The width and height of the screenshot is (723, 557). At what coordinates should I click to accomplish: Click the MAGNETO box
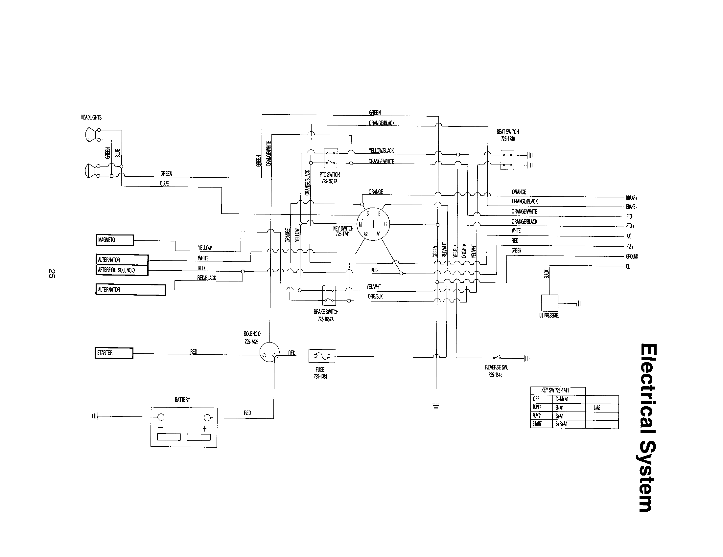click(115, 240)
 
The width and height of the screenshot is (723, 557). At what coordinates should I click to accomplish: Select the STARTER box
click(114, 353)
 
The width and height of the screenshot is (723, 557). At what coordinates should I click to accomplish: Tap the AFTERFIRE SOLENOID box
click(122, 270)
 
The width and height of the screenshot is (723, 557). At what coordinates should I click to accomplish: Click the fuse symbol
click(321, 356)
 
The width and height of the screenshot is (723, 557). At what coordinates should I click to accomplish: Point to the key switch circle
click(373, 224)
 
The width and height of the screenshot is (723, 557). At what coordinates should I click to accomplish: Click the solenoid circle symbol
click(269, 353)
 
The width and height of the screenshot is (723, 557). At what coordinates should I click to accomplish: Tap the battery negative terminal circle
click(161, 417)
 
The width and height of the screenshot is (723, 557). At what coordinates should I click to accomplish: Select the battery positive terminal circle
click(208, 417)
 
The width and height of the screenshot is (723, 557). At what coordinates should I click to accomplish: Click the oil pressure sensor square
click(549, 303)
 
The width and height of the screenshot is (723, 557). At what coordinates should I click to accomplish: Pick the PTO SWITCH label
click(330, 175)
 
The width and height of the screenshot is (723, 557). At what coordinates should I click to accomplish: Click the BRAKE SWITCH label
click(326, 312)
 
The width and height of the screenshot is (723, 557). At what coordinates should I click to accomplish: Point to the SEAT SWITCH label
click(508, 132)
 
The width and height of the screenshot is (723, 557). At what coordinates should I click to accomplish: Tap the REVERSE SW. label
click(496, 367)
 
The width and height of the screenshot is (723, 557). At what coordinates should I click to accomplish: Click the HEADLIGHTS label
click(91, 118)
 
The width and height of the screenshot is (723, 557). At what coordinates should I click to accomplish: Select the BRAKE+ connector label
click(631, 198)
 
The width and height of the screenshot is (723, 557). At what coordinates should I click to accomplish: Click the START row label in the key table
click(537, 423)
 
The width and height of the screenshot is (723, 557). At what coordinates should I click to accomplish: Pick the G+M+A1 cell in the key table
click(562, 399)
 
